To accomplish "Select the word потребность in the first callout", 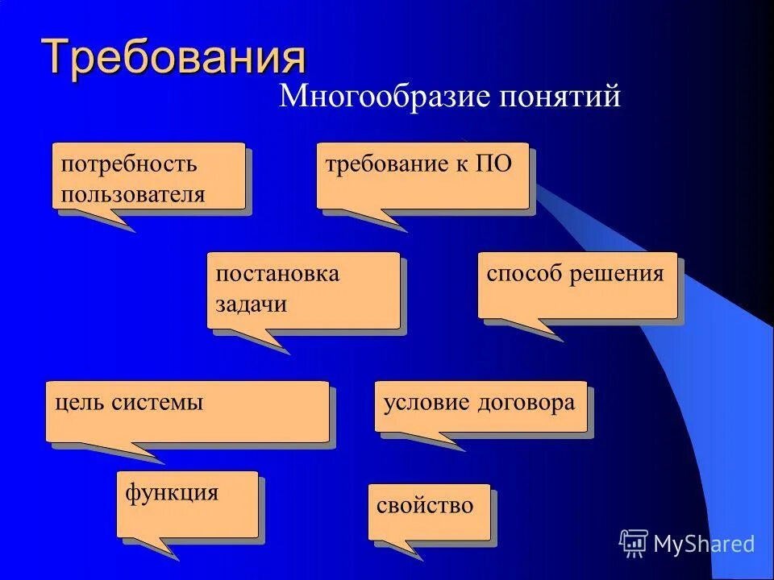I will point(129,164).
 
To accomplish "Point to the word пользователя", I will point(133,194).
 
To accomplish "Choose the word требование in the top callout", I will point(385,164).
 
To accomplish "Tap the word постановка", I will point(277,274).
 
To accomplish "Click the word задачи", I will point(251,304).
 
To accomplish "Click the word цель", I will point(77,402).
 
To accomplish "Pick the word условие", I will point(427,402).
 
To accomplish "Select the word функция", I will point(172,491).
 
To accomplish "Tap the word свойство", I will point(425,506).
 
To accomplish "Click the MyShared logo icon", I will point(634,544).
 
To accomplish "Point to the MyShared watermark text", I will point(704,544).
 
